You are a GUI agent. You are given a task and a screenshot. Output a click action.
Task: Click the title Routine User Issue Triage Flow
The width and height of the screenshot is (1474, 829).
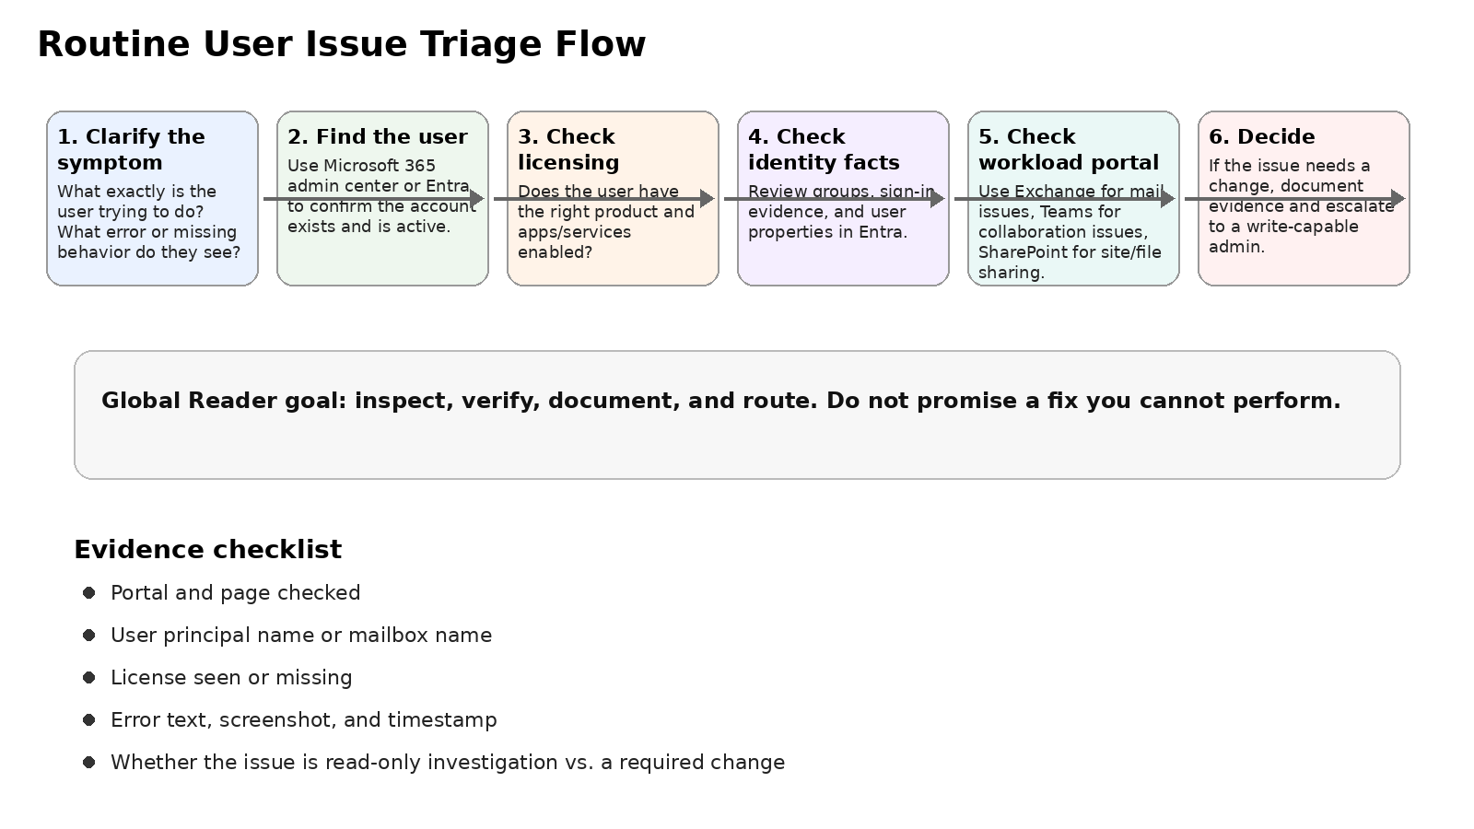tap(341, 44)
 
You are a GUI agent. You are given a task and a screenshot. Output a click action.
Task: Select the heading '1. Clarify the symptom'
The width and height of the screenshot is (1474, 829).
tap(131, 149)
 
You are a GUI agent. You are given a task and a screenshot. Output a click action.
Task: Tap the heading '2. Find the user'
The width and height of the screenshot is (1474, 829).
tap(377, 136)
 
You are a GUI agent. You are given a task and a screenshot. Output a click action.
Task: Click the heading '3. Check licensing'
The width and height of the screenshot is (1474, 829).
tap(567, 149)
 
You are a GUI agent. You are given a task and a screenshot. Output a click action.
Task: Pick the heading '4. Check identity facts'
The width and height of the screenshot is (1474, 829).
tap(823, 149)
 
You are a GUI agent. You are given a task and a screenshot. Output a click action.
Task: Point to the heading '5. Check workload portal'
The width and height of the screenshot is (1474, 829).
tap(1068, 149)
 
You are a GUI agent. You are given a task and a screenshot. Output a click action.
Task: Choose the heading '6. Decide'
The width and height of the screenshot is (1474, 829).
tap(1261, 136)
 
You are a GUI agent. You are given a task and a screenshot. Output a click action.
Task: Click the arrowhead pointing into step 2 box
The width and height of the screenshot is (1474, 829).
tap(477, 198)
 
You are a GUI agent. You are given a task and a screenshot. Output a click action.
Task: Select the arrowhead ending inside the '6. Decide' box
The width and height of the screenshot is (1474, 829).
tap(1398, 198)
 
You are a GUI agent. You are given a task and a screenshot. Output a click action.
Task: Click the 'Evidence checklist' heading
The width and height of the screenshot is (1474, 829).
tap(207, 549)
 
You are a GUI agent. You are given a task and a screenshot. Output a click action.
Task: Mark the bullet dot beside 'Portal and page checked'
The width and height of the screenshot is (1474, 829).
tap(88, 592)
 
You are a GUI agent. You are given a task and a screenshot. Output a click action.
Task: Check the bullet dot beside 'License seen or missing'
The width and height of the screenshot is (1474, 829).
tap(88, 677)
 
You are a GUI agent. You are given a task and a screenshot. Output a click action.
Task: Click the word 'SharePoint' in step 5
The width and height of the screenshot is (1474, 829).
tap(1018, 252)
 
